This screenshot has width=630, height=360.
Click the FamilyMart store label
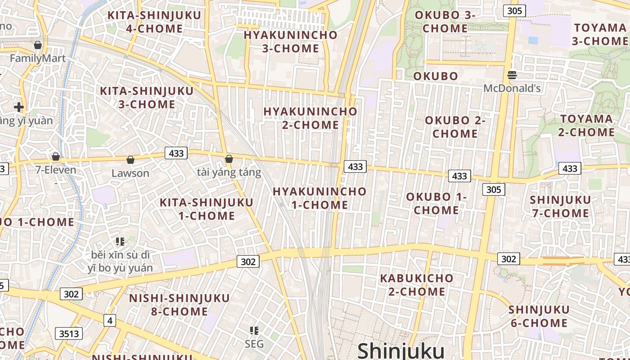pos(38,58)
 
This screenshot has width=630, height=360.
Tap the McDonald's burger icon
pos(512,75)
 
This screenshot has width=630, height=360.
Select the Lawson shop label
pos(130,173)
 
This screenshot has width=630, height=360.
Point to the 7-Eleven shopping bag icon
pos(56,157)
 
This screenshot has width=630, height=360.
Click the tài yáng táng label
pos(229,172)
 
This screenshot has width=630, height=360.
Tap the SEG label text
pos(254,344)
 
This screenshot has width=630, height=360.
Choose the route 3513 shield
pos(69,333)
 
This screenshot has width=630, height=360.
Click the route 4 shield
pos(109,320)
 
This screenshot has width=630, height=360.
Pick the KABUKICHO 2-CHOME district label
pos(417,285)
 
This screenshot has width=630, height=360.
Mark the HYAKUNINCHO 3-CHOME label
pos(290,41)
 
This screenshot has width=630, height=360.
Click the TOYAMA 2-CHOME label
pos(586,126)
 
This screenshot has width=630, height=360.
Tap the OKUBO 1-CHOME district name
pos(436,203)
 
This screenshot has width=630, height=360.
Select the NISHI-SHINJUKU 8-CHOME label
pos(179,305)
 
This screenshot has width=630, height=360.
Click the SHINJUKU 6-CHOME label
pos(539,316)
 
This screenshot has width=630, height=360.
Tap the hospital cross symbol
pos(18,107)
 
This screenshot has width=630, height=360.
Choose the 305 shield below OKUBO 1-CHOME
pos(493,189)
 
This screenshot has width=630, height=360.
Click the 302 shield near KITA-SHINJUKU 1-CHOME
pos(248,261)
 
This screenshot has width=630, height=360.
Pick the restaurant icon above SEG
pos(254,331)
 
